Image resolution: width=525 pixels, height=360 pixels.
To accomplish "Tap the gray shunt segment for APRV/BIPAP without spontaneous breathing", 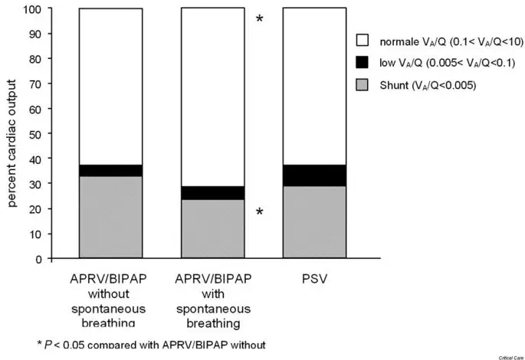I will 110,218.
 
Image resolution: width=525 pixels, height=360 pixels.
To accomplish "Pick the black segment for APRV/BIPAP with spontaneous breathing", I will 212,193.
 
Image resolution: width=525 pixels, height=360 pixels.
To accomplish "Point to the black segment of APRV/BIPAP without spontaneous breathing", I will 110,170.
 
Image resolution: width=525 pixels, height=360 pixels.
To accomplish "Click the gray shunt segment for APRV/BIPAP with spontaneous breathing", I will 212,229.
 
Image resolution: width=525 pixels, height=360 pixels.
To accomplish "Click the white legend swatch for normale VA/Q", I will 363,38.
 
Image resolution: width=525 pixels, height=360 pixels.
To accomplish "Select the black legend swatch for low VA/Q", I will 363,62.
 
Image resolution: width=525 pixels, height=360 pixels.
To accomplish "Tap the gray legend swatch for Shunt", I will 363,86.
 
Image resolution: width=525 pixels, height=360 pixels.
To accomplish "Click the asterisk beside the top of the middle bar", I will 260,18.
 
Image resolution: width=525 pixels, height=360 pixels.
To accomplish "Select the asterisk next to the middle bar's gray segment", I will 260,211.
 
